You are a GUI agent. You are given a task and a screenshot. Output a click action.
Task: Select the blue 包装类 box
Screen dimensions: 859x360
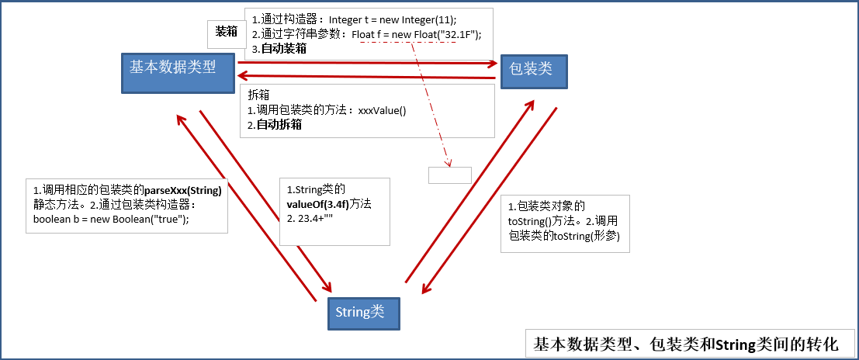534,71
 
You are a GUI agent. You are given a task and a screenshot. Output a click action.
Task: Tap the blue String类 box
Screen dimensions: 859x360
364,313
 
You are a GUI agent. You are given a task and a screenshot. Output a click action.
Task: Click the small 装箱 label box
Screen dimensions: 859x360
226,32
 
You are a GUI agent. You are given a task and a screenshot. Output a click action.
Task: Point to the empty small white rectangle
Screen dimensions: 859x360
450,175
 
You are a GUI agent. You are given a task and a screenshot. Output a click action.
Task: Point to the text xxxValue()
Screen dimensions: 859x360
383,111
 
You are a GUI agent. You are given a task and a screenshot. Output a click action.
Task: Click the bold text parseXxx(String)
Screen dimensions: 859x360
183,191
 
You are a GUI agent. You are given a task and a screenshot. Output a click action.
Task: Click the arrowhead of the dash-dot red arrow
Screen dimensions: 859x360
449,162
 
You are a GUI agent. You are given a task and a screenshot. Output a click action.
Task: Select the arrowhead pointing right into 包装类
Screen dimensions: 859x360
493,63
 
